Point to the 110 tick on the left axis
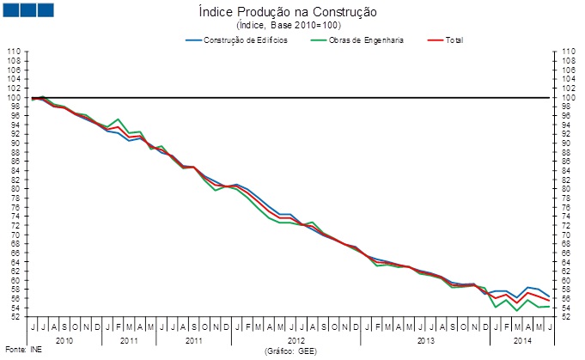(x=14, y=52)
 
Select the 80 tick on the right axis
(x=569, y=189)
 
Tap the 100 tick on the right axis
(x=569, y=97)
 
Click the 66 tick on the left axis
(x=15, y=253)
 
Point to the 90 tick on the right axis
(x=569, y=143)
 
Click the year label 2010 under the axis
(x=64, y=341)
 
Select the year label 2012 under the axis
(x=296, y=341)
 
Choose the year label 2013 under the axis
(x=425, y=341)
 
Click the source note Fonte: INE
(x=22, y=351)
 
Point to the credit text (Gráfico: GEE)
(x=292, y=351)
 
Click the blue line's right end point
(x=549, y=296)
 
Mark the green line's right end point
(x=549, y=307)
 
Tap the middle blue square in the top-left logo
(x=27, y=9)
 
